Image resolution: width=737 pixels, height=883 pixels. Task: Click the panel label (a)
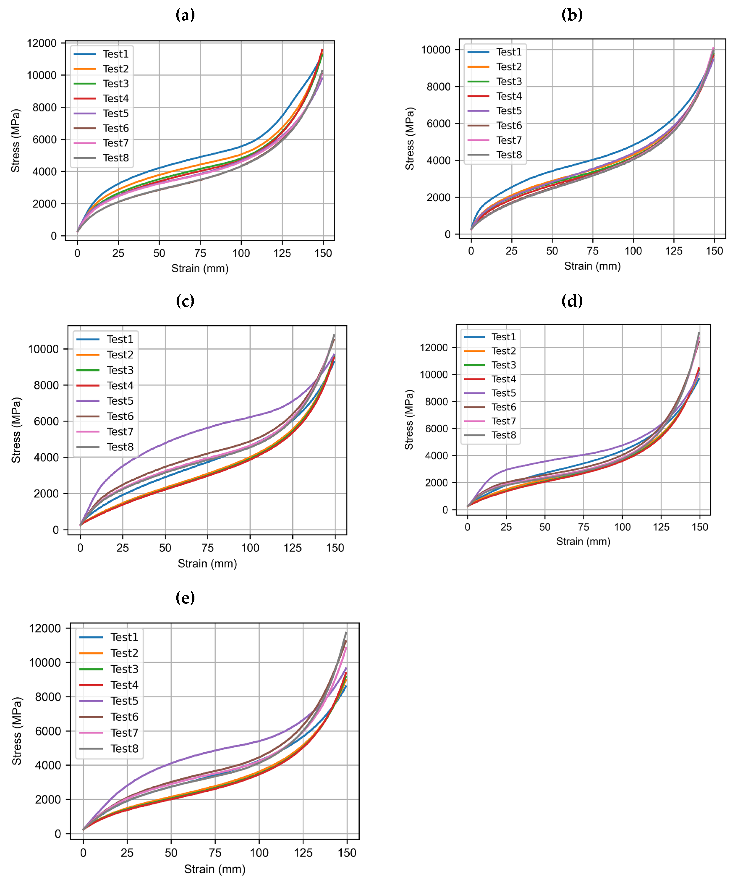click(x=185, y=16)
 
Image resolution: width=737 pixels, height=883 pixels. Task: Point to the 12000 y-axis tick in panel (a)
click(x=41, y=43)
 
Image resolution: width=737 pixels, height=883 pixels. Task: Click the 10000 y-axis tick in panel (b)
click(x=435, y=50)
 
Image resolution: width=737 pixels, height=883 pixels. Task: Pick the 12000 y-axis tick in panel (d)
click(x=434, y=348)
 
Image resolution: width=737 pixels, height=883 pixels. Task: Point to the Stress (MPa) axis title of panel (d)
click(x=409, y=420)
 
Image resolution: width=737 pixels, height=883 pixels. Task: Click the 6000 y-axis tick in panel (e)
click(x=48, y=731)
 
